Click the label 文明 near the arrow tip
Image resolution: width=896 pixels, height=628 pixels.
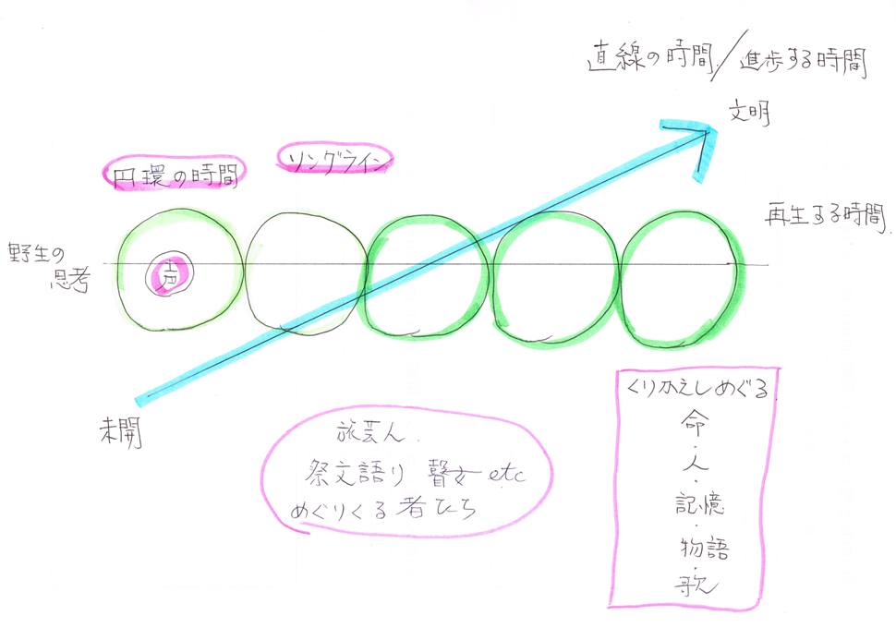749,115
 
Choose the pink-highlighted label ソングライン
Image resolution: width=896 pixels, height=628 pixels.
335,159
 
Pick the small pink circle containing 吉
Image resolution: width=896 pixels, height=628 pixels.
169,274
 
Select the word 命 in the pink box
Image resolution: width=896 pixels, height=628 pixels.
687,424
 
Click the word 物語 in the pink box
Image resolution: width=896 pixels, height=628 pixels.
701,548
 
